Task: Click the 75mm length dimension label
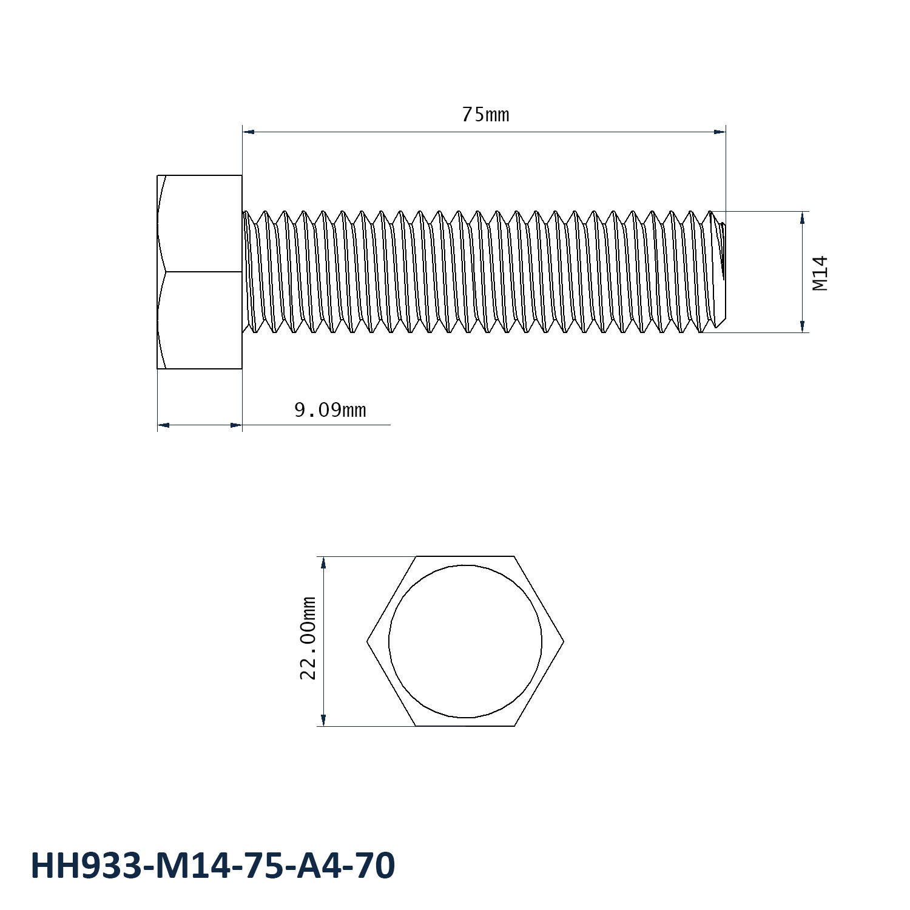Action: click(485, 114)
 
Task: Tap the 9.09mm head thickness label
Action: click(330, 411)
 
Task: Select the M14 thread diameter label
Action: click(820, 273)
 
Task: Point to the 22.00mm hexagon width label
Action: click(309, 638)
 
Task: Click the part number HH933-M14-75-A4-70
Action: click(213, 865)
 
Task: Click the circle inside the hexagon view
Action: click(389, 641)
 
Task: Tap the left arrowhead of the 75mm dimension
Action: click(248, 131)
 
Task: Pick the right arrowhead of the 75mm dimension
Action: click(720, 131)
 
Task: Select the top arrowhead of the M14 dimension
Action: click(803, 217)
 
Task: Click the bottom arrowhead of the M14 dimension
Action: click(803, 326)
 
